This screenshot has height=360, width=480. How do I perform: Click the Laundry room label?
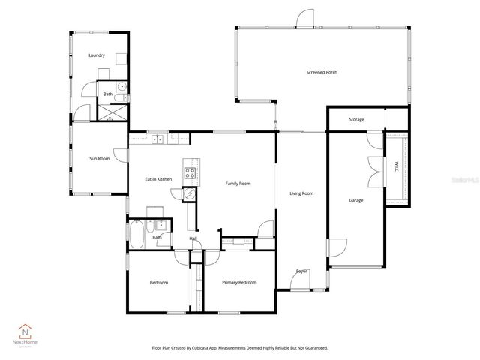click(x=96, y=55)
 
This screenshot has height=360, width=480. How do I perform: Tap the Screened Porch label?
click(x=321, y=73)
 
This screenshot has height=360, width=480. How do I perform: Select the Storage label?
click(x=356, y=119)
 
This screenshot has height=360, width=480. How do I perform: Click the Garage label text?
click(x=356, y=200)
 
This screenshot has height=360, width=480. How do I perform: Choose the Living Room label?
click(x=301, y=193)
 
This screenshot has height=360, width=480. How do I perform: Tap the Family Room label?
click(x=238, y=183)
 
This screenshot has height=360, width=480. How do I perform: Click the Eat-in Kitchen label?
click(x=158, y=179)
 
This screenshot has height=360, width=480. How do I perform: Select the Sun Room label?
click(x=99, y=158)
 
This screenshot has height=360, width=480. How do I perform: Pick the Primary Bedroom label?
click(x=239, y=282)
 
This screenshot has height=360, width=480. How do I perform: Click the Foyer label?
click(x=301, y=271)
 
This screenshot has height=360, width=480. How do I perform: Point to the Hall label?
click(x=193, y=238)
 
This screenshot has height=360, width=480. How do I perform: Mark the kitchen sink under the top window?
click(x=158, y=139)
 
